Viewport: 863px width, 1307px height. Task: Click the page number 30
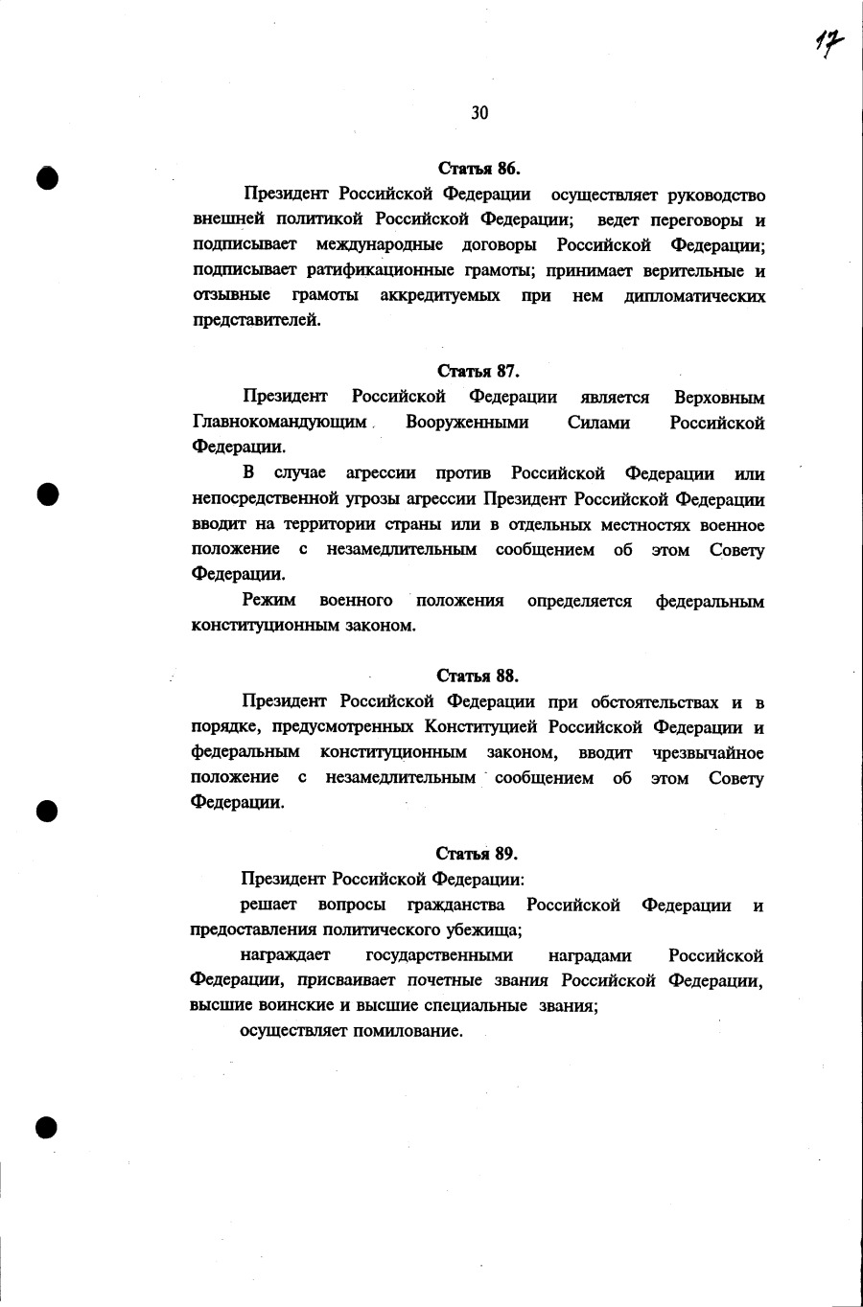pos(479,113)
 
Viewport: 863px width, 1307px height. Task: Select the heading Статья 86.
pos(478,170)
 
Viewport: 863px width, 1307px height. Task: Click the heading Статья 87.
pos(478,371)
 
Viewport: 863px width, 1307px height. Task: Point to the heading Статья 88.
pos(478,676)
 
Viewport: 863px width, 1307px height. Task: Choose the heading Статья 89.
pos(478,853)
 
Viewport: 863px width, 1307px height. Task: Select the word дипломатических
pos(694,296)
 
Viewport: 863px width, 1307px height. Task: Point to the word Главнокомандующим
pos(280,422)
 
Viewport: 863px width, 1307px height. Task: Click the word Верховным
pos(719,397)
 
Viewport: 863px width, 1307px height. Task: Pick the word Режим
pos(268,600)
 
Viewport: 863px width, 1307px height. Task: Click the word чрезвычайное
pos(708,752)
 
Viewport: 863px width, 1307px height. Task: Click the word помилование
pos(408,1031)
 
